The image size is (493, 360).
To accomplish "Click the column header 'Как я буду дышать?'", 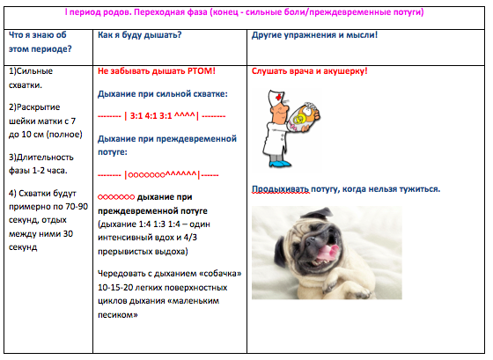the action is click(140, 35).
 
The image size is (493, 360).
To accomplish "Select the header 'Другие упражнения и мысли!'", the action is click(314, 35).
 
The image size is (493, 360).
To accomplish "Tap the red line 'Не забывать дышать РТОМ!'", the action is click(157, 70).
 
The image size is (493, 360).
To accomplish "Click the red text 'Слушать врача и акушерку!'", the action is click(309, 70).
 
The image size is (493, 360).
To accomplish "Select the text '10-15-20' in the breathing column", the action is click(118, 288).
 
